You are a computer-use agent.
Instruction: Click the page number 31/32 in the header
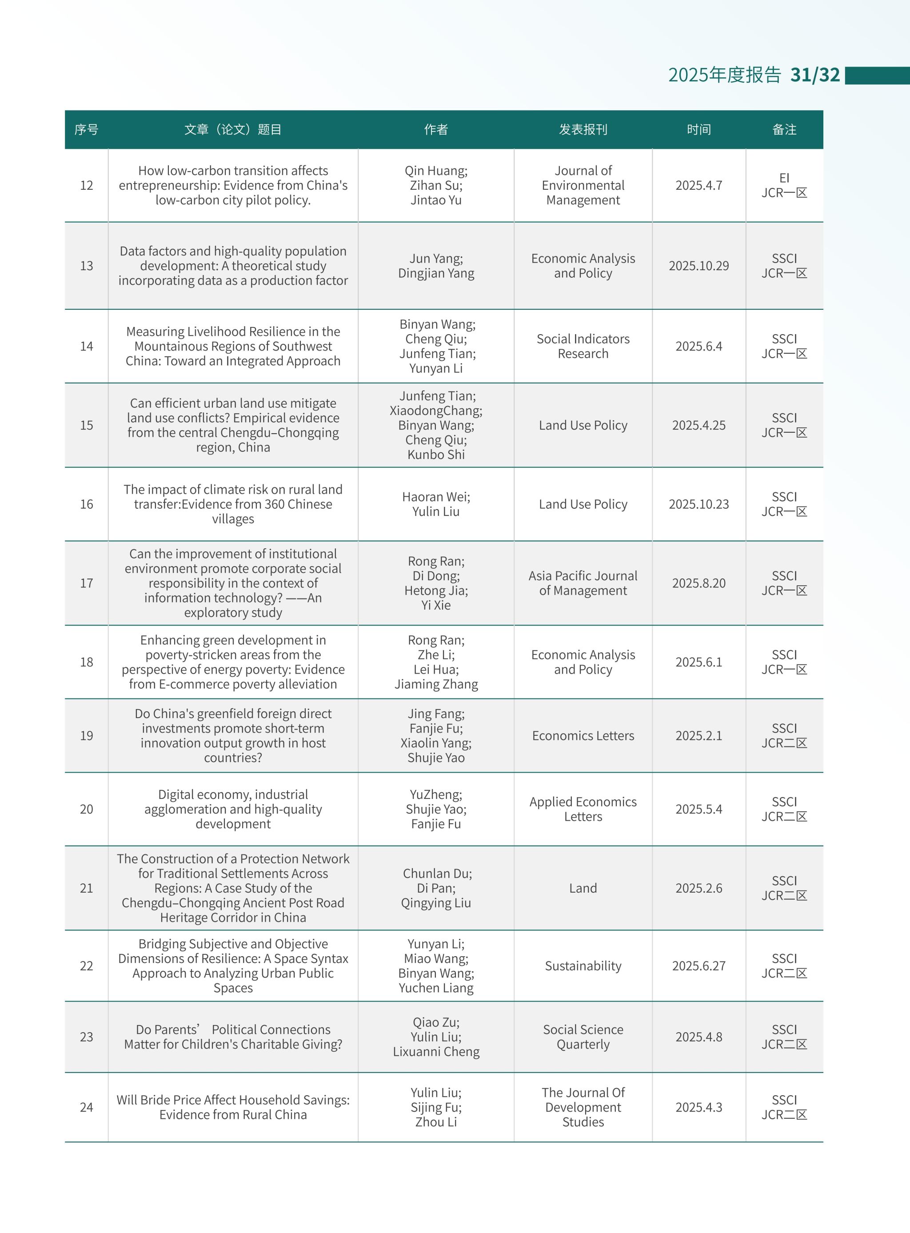coord(815,75)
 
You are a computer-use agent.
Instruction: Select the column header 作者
coord(436,129)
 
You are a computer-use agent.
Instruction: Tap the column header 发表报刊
coord(583,129)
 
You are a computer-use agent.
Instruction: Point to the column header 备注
coord(784,129)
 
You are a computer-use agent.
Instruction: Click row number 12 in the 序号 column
coord(87,186)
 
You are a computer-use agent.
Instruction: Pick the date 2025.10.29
coord(698,266)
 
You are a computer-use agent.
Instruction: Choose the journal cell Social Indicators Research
coord(583,347)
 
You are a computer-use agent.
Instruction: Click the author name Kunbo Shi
coord(436,455)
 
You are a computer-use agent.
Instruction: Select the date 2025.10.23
coord(698,504)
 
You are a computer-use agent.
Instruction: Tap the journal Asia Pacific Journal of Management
coord(583,583)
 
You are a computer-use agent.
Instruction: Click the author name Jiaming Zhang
coord(436,685)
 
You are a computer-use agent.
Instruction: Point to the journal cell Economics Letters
coord(583,736)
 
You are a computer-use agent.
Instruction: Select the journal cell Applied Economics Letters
coord(583,810)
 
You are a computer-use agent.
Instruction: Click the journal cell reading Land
coord(583,888)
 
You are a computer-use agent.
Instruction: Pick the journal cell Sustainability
coord(583,966)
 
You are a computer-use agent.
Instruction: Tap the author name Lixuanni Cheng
coord(436,1052)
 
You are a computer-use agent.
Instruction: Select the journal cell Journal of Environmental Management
coord(583,186)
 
